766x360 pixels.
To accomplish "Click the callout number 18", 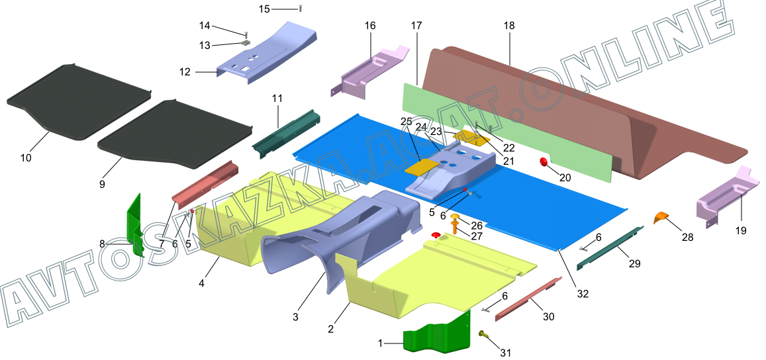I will [x=508, y=26].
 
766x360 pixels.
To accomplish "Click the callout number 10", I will [x=26, y=157].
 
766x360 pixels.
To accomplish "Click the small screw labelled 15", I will [x=301, y=8].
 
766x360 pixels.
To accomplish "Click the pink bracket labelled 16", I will [x=371, y=69].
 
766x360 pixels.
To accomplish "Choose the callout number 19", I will [x=740, y=231].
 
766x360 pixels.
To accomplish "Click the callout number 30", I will [x=548, y=317].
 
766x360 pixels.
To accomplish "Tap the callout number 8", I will [x=102, y=244].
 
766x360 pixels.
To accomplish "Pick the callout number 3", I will [x=295, y=317].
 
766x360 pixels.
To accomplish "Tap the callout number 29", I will [x=634, y=263].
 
